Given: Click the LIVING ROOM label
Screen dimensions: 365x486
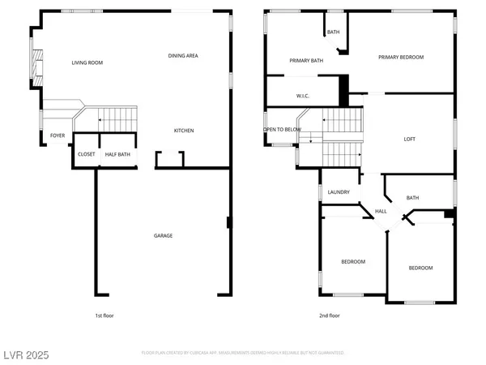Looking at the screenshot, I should tap(87, 62).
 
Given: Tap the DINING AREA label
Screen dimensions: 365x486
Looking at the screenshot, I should tap(183, 55).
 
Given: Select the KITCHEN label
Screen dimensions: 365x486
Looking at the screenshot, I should tap(184, 131).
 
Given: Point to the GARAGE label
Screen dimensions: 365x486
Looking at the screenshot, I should tap(164, 236).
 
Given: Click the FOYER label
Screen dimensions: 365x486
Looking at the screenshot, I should tap(58, 135).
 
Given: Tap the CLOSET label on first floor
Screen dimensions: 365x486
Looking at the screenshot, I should tap(86, 154).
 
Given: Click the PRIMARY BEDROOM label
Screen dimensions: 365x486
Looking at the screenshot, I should tap(402, 57).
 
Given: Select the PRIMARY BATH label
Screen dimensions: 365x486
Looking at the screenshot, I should tap(306, 61).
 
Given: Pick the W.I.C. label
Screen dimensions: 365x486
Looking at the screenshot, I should tap(303, 96).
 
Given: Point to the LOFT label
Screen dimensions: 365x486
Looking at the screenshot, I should tap(410, 140).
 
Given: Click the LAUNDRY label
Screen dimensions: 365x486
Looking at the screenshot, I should tap(339, 192).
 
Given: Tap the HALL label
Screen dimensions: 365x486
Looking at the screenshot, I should tap(380, 212).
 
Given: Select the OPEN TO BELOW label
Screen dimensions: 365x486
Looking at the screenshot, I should tap(283, 130).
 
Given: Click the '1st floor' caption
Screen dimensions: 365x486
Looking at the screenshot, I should tap(103, 315).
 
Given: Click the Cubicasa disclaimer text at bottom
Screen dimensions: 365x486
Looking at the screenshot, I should tap(243, 353).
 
